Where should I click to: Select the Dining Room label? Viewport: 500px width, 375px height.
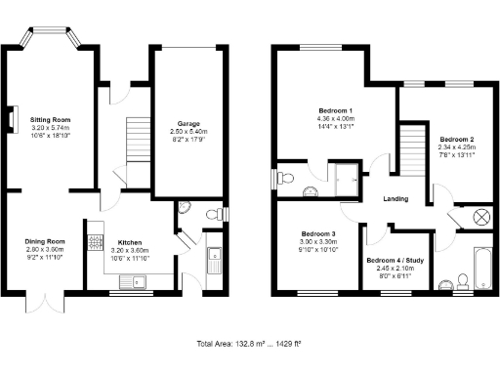click(45, 241)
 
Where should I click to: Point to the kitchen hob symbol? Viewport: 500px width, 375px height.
click(96, 244)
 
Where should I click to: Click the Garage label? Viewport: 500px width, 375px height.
click(188, 124)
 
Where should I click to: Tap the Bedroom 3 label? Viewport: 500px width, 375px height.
click(318, 234)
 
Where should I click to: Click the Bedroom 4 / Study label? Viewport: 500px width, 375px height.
click(396, 261)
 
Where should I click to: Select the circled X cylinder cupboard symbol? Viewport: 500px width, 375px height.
click(479, 217)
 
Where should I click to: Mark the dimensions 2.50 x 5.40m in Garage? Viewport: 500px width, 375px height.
click(188, 132)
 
